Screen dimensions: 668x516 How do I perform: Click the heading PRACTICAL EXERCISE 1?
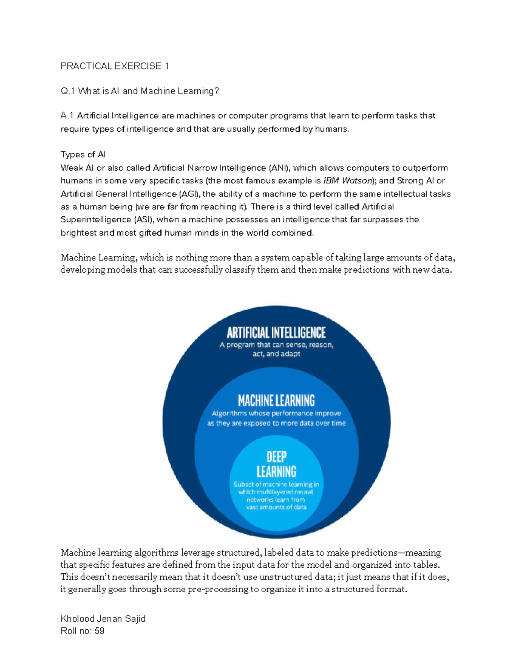[114, 66]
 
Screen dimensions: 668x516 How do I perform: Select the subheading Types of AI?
[83, 155]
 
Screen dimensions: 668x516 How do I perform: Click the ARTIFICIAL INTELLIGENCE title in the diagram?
[276, 333]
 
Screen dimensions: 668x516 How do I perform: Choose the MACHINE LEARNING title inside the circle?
[276, 401]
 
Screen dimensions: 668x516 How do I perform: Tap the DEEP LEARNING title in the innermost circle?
[276, 464]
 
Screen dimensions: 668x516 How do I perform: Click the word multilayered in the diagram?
[275, 492]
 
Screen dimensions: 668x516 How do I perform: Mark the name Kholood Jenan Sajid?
[103, 619]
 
